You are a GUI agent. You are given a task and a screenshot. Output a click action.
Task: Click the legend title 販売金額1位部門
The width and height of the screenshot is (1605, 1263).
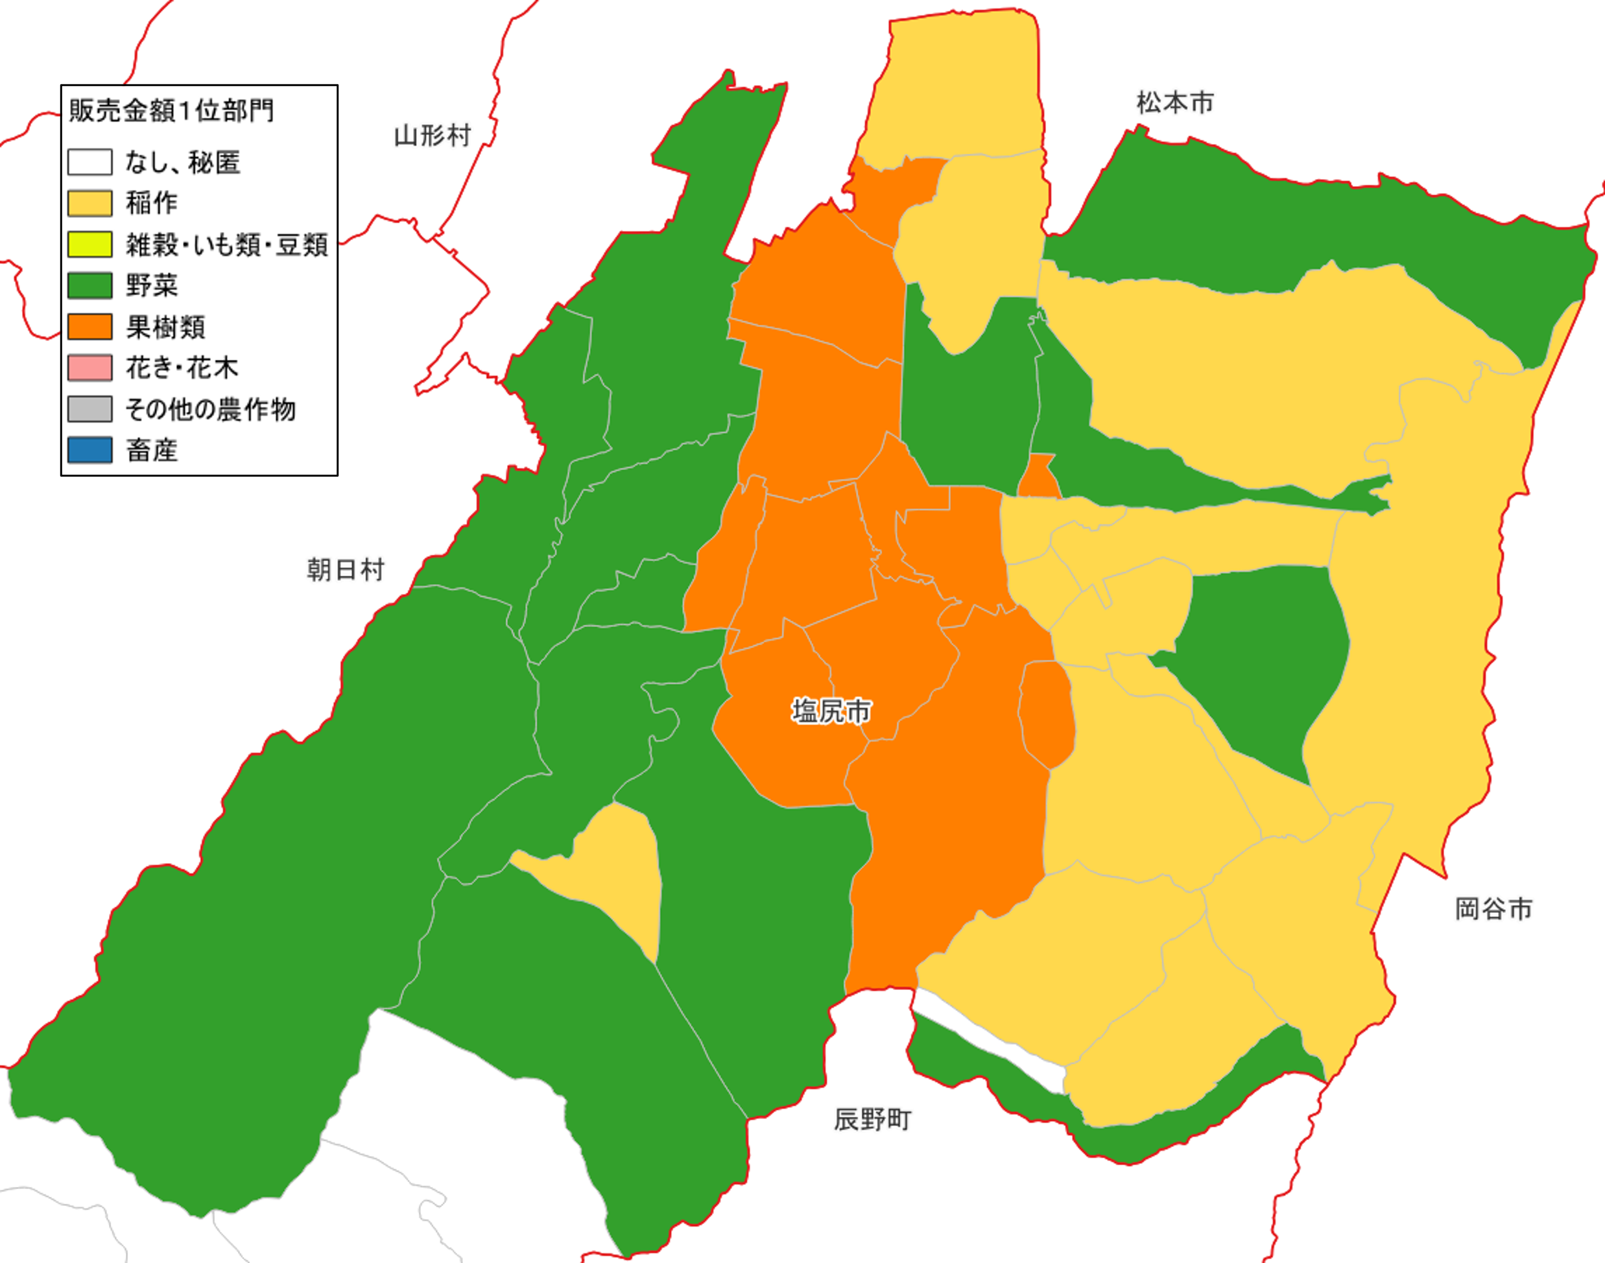[x=171, y=111]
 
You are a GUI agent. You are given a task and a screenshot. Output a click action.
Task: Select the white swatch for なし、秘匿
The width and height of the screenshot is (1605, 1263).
[x=89, y=162]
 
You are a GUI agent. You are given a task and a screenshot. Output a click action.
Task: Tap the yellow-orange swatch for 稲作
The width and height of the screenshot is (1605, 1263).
[x=89, y=204]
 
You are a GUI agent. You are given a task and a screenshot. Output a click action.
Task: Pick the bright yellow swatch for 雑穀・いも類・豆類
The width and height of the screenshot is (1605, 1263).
[x=89, y=244]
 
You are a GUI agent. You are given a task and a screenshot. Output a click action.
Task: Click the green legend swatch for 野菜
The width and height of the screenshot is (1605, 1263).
[x=89, y=285]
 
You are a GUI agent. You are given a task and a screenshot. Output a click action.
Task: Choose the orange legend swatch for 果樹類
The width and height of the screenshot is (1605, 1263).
[x=89, y=327]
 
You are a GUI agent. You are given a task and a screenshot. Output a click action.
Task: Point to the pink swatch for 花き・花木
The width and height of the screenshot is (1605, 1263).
[x=89, y=368]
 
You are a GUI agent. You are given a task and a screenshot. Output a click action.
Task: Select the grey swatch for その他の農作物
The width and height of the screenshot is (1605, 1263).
[x=89, y=409]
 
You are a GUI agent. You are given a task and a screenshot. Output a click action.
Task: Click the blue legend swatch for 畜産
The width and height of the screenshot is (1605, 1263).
[x=89, y=449]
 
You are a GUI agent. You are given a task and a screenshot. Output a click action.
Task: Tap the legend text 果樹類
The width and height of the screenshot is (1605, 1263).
[x=165, y=327]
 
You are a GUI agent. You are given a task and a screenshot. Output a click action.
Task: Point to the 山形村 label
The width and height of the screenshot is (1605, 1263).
[x=432, y=136]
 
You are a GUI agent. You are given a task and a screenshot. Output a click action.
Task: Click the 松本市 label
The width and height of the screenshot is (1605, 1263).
[x=1174, y=103]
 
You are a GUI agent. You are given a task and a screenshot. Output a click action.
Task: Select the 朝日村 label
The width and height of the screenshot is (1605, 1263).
[x=346, y=570]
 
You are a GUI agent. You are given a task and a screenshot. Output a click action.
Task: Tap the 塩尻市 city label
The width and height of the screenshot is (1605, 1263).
[x=831, y=711]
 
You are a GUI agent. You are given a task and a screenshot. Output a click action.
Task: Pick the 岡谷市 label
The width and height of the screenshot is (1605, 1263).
[x=1493, y=909]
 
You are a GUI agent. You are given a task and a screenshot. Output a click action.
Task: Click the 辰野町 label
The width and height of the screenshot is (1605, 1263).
[x=872, y=1120]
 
